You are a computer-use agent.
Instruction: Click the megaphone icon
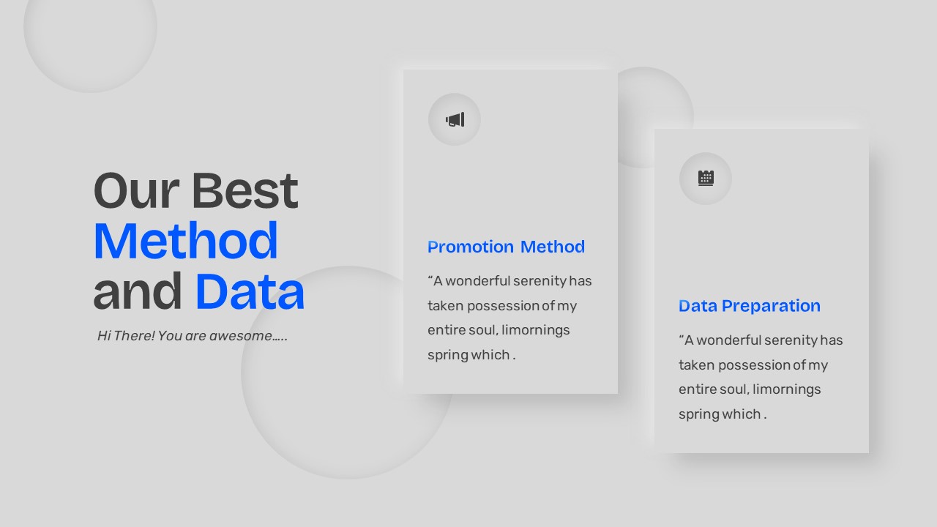pyautogui.click(x=455, y=119)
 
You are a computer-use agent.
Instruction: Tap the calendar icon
pyautogui.click(x=706, y=178)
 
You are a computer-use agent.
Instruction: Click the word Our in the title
pyautogui.click(x=136, y=191)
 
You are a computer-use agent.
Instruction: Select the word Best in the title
pyautogui.click(x=244, y=191)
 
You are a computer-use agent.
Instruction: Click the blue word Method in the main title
pyautogui.click(x=186, y=241)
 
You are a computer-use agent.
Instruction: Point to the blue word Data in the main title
pyautogui.click(x=250, y=291)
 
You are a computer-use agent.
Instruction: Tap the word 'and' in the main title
pyautogui.click(x=138, y=291)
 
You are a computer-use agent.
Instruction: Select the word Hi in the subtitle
pyautogui.click(x=104, y=336)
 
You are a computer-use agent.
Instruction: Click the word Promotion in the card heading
pyautogui.click(x=471, y=247)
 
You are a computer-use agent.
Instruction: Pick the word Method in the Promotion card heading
pyautogui.click(x=553, y=247)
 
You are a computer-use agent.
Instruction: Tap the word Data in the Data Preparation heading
pyautogui.click(x=698, y=306)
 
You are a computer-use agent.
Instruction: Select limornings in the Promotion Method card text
pyautogui.click(x=536, y=330)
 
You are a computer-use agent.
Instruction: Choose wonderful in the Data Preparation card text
pyautogui.click(x=728, y=340)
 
